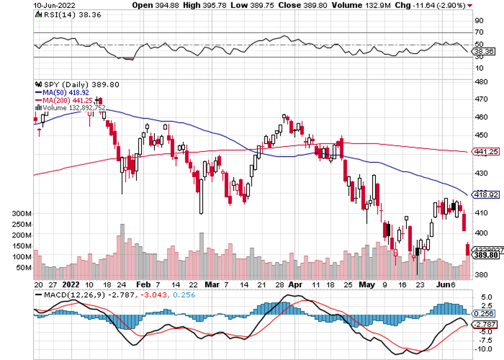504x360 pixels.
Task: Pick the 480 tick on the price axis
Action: (481, 81)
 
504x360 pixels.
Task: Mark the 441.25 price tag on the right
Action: (486, 151)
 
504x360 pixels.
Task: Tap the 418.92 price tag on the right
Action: (486, 194)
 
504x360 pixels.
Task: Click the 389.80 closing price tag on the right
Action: (486, 255)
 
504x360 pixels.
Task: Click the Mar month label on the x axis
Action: (212, 283)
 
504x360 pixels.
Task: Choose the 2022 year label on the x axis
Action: (71, 283)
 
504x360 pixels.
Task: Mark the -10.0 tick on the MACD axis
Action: (482, 349)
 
